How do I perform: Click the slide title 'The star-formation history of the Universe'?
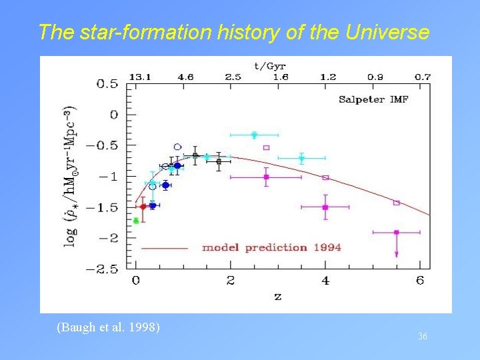point(234,32)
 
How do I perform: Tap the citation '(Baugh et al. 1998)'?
point(108,327)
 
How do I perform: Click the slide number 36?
point(422,337)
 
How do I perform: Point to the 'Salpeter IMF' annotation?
point(373,100)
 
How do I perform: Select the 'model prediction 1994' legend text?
point(271,247)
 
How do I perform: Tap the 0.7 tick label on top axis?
point(422,77)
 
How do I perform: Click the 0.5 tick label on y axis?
point(107,84)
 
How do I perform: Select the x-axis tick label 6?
point(419,281)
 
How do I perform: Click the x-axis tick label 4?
point(325,281)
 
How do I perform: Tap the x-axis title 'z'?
point(277,297)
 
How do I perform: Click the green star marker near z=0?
point(136,221)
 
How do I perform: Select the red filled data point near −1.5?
point(143,207)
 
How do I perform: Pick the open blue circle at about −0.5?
point(177,147)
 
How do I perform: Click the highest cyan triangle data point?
point(254,135)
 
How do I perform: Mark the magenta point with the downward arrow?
point(396,233)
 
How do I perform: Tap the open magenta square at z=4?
point(325,177)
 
